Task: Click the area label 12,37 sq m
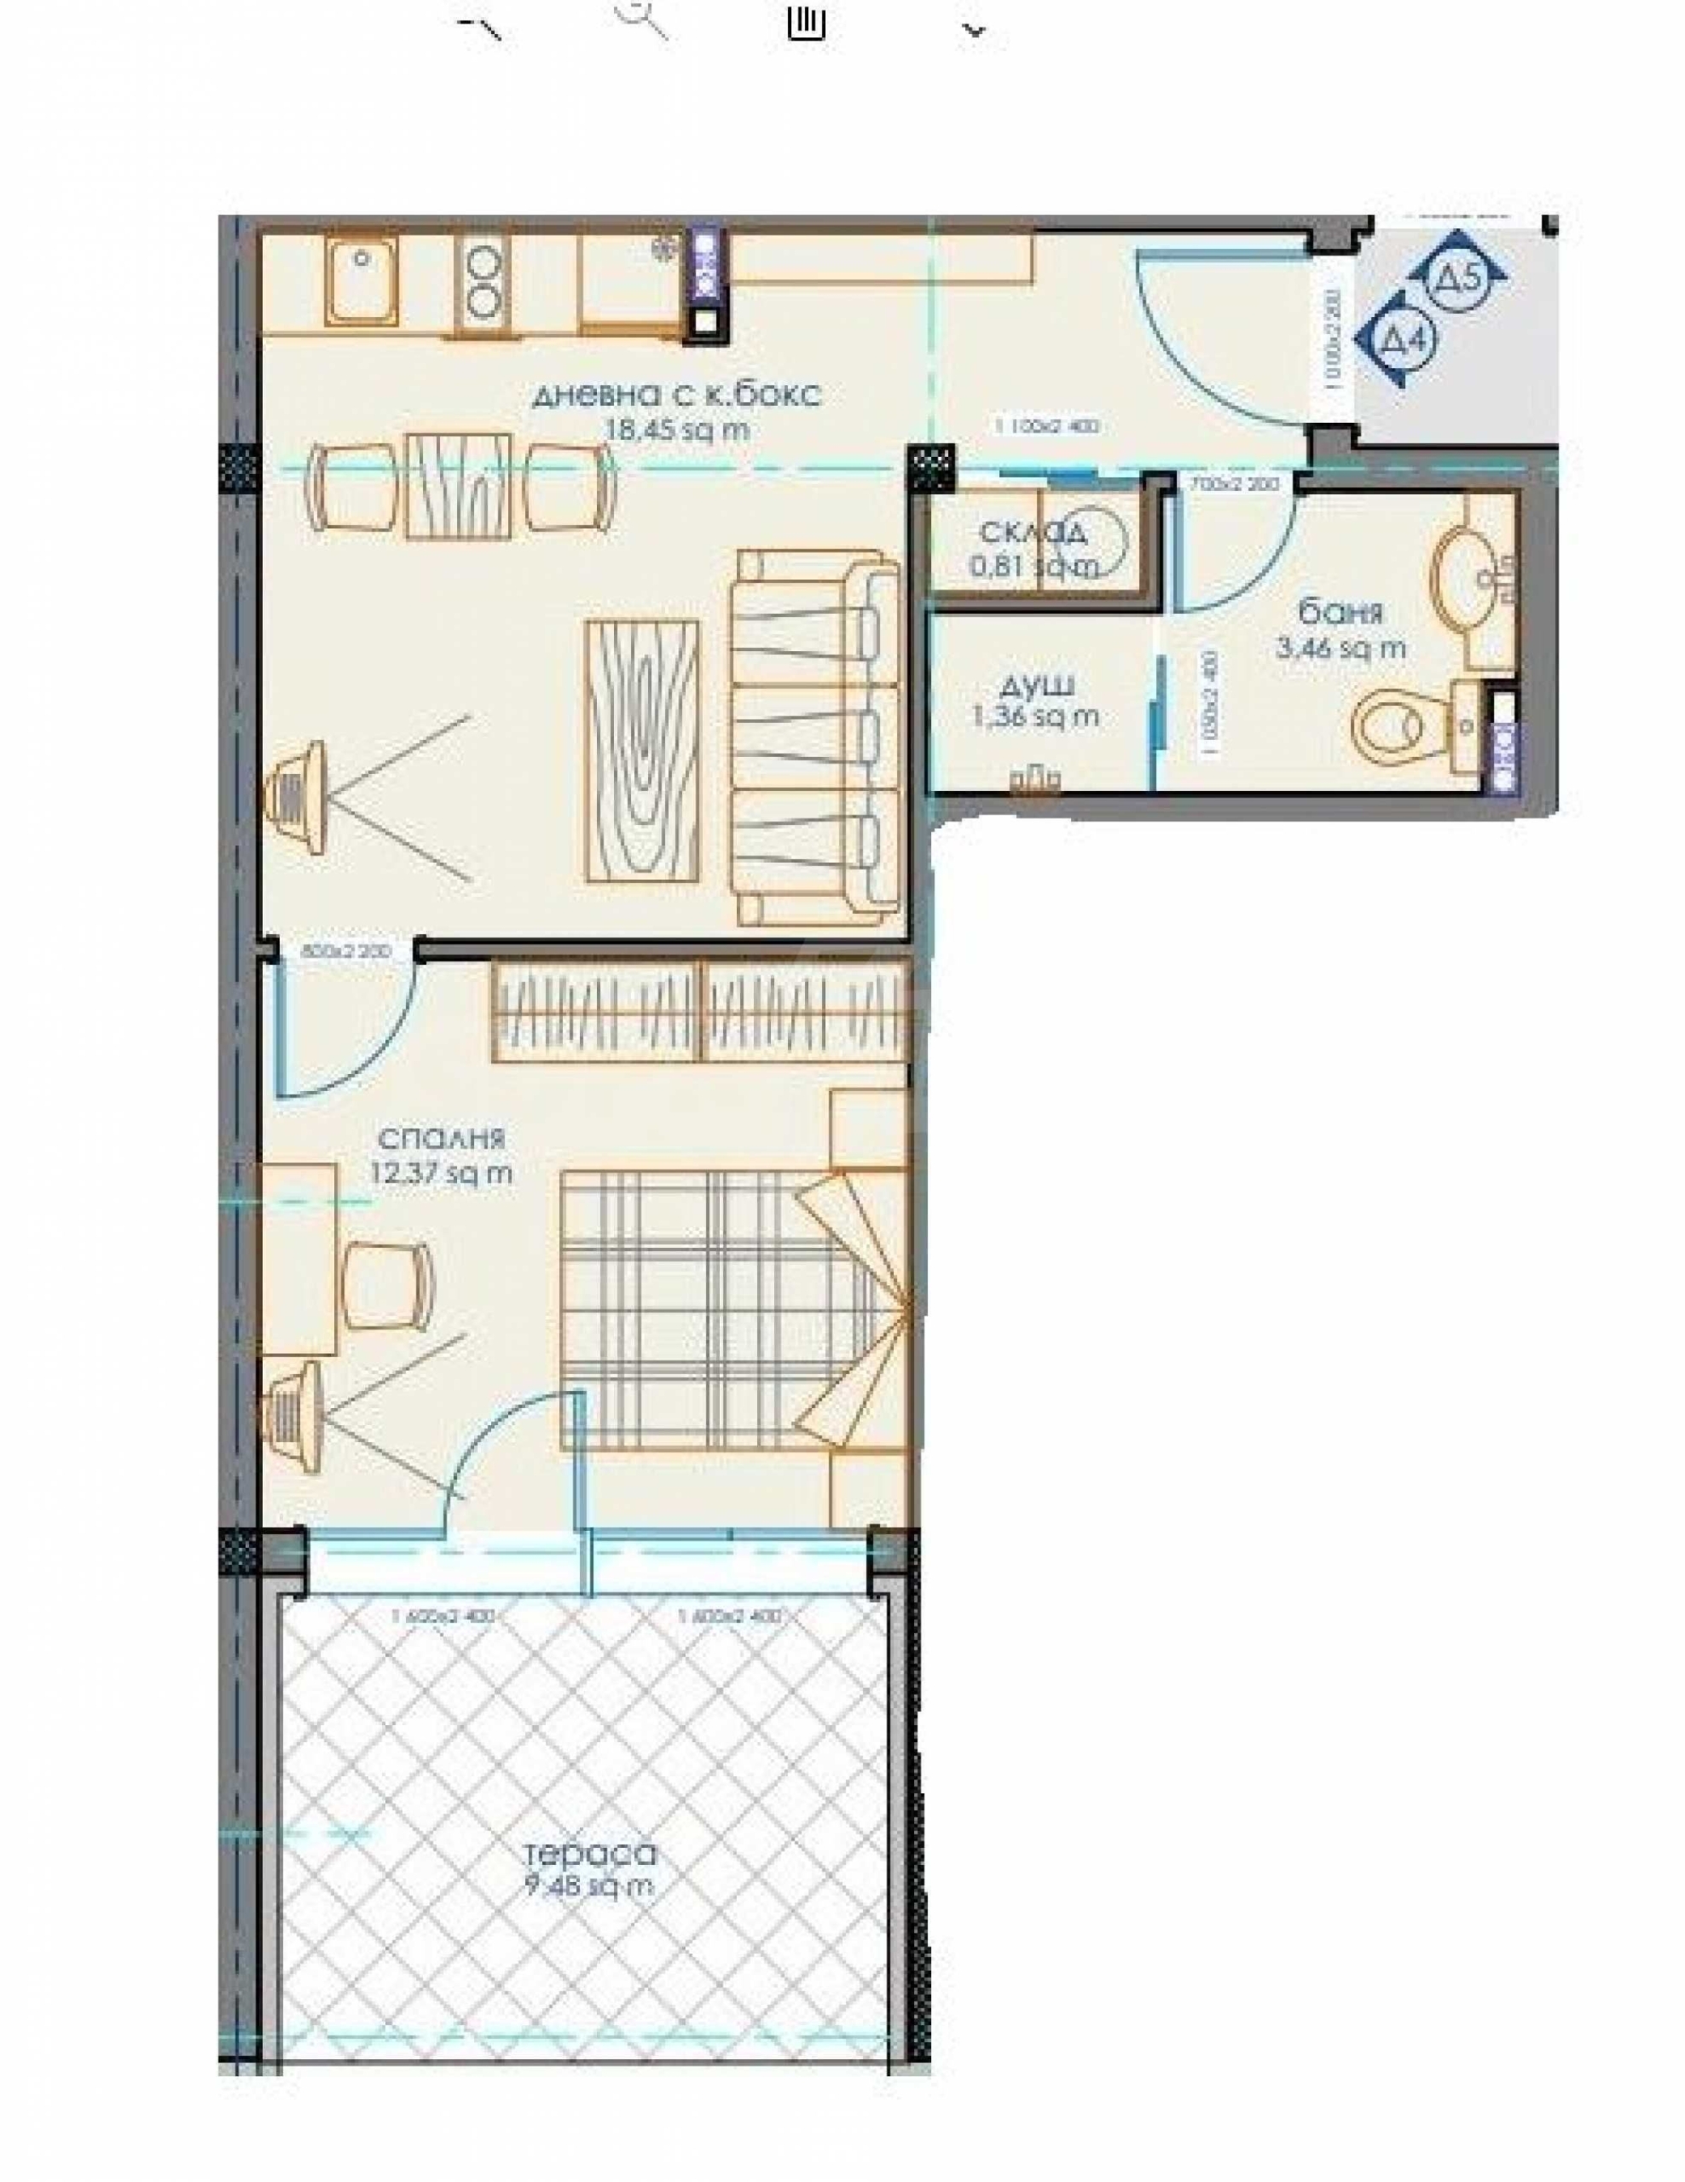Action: click(441, 1173)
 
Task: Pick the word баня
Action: click(1340, 611)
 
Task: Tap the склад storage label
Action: click(1032, 533)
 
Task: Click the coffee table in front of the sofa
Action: click(641, 750)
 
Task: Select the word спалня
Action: click(441, 1138)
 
